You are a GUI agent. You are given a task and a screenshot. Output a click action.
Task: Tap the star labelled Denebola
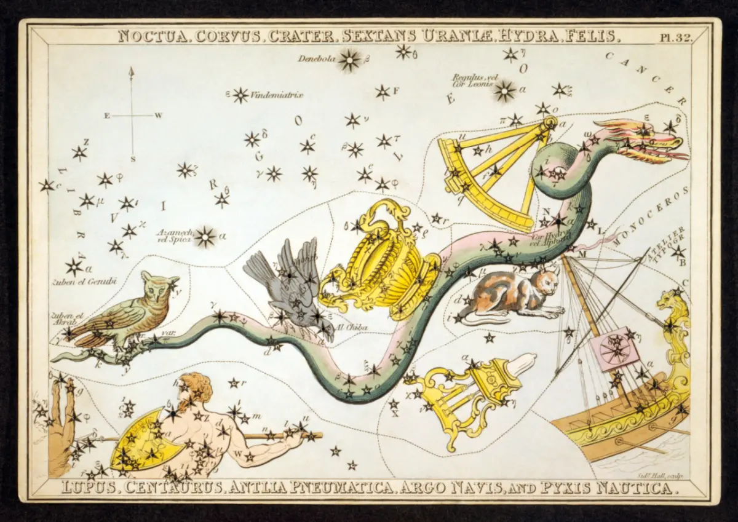click(x=351, y=60)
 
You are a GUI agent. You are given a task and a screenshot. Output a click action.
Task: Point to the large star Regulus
click(x=504, y=91)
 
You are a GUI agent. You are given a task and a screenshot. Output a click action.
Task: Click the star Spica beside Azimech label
click(x=205, y=236)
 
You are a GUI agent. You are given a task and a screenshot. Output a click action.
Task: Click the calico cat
click(x=510, y=295)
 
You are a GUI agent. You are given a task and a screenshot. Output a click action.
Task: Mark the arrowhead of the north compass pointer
click(x=131, y=71)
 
